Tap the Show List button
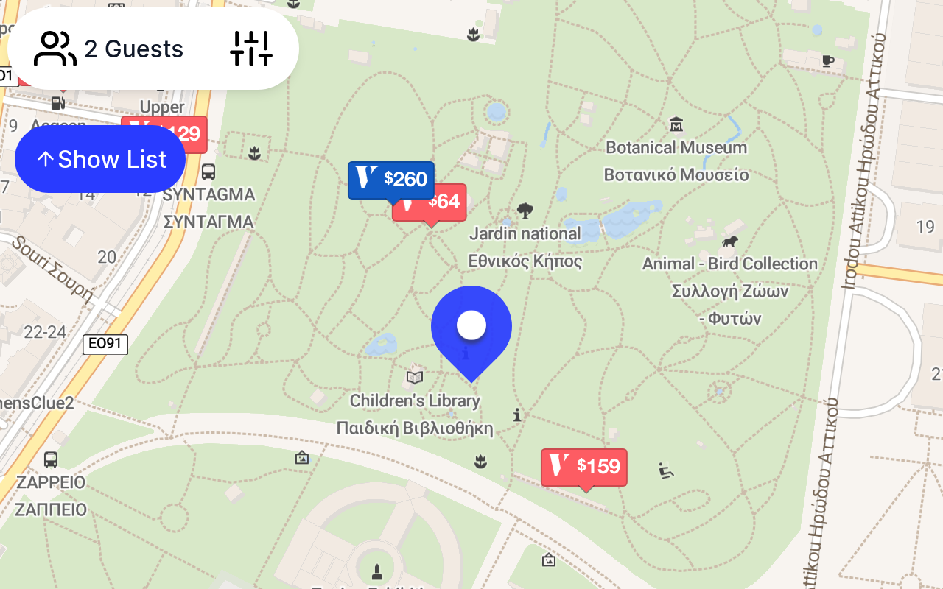(x=100, y=159)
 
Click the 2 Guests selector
(x=109, y=49)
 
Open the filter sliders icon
(x=251, y=49)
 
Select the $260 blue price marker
(x=390, y=179)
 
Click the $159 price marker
(x=584, y=467)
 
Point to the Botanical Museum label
(x=676, y=148)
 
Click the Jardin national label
(x=525, y=234)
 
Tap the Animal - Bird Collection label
(x=729, y=264)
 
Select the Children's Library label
(x=415, y=401)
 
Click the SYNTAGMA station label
(x=208, y=195)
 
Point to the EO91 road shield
(x=105, y=344)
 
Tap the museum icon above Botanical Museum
(x=676, y=124)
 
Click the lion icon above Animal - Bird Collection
(x=730, y=241)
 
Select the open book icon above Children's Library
(x=415, y=378)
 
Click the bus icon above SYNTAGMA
(x=208, y=172)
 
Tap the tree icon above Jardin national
(x=525, y=211)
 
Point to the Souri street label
(x=52, y=269)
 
